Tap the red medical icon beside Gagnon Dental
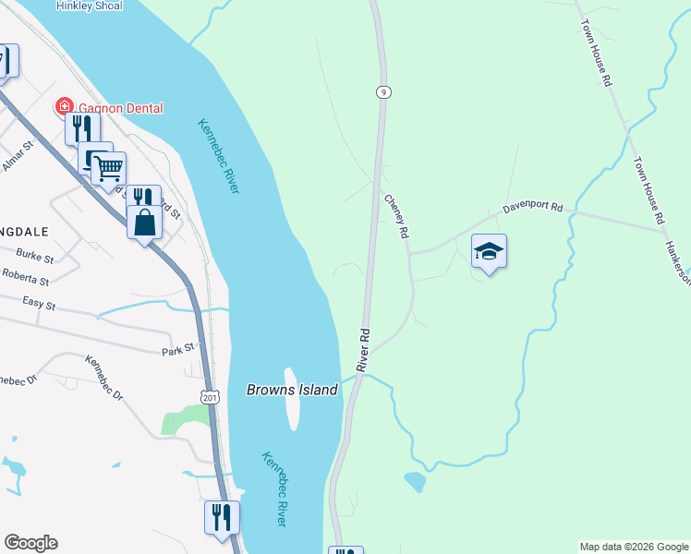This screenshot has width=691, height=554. coord(65,107)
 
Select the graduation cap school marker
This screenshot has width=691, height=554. coord(489,251)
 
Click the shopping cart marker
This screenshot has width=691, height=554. coord(108,169)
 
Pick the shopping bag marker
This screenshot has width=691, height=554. coord(144,223)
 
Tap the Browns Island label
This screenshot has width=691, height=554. coord(292,390)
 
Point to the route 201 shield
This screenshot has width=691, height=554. coord(210,395)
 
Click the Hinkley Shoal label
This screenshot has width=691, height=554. coord(89,5)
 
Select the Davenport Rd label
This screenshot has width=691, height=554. coord(532,209)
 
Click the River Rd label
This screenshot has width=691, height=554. coord(364,349)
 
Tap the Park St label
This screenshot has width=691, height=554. coord(177,348)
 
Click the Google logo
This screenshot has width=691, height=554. coord(30,543)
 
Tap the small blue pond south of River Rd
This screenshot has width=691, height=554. coord(415,481)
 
